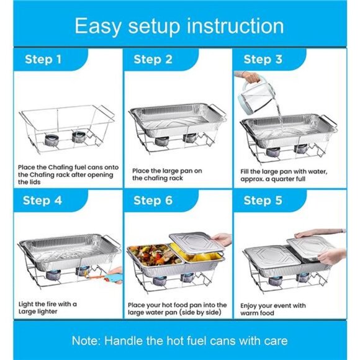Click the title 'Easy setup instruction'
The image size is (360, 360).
pyautogui.click(x=179, y=25)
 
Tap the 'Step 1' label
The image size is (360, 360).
pyautogui.click(x=43, y=60)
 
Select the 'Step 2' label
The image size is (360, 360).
pyautogui.click(x=153, y=60)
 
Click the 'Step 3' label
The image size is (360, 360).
pyautogui.click(x=263, y=60)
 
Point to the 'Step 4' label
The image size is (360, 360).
pyautogui.click(x=43, y=200)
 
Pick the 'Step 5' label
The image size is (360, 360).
pyautogui.click(x=263, y=200)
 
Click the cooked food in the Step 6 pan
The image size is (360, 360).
pyautogui.click(x=149, y=254)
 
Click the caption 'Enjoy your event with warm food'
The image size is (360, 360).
pyautogui.click(x=273, y=308)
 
